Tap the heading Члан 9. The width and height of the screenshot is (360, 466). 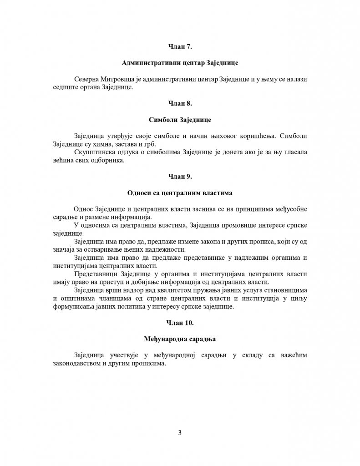click(180, 176)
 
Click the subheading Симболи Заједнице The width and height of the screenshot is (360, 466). click(180, 120)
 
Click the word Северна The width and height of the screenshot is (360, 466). click(85, 79)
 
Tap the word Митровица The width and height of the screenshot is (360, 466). click(117, 79)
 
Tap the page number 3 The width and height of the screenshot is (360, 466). click(180, 432)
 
